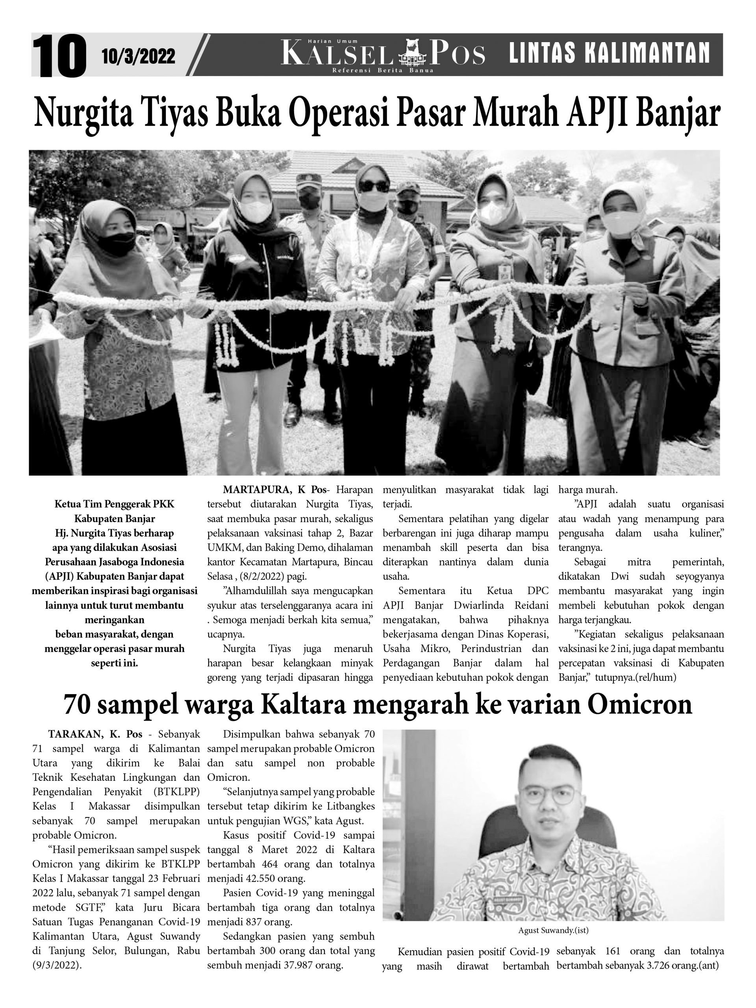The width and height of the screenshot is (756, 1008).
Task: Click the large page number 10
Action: pos(59,56)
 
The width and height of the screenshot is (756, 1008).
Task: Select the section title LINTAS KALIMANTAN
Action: pos(609,53)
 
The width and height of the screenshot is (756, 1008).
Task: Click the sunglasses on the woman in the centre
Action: pos(374,186)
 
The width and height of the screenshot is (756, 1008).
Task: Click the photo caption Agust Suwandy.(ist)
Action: pos(553,930)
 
